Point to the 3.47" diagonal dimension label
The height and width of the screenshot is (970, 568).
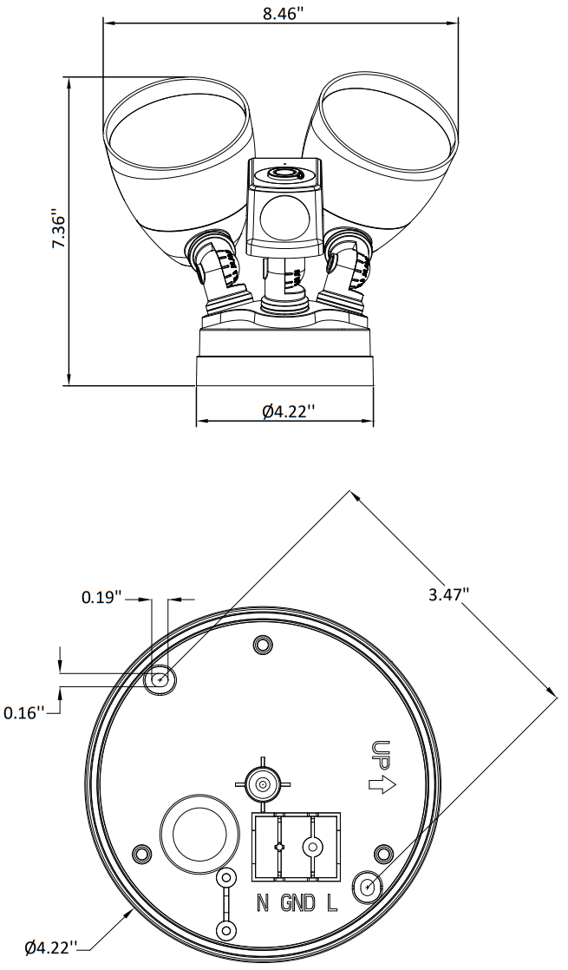(x=448, y=594)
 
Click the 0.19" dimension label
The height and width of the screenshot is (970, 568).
(x=101, y=597)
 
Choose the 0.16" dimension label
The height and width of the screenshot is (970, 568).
(x=23, y=712)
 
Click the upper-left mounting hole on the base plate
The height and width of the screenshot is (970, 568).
(x=160, y=678)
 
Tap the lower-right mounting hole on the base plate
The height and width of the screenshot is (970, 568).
(x=367, y=887)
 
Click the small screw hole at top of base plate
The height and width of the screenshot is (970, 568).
(x=262, y=644)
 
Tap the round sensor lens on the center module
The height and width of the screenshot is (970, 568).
(x=285, y=217)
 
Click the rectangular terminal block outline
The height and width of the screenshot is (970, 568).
(x=295, y=847)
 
